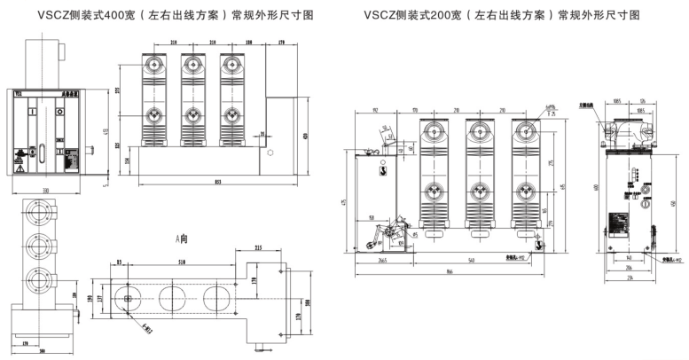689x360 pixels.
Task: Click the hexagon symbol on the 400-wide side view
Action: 270,153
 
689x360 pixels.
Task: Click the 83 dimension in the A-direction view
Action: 119,262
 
